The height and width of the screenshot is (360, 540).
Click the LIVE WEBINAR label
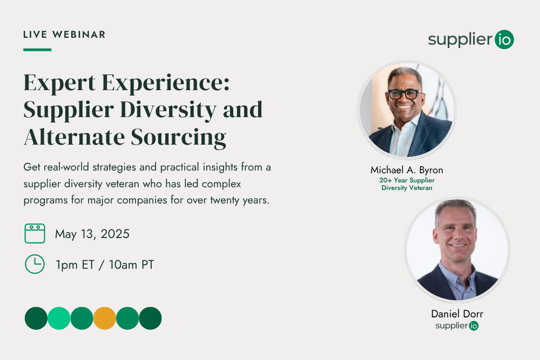tap(64, 35)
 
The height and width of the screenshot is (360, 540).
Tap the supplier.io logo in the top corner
tap(471, 39)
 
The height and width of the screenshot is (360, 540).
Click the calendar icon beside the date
tap(35, 234)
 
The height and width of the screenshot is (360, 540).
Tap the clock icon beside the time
tap(35, 264)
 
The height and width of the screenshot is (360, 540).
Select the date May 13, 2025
tap(92, 234)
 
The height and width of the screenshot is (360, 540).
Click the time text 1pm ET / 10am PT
tap(105, 265)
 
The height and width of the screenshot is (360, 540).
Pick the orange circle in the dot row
tap(105, 318)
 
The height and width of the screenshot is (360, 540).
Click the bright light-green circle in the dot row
tap(59, 318)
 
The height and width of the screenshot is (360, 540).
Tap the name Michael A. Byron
tap(407, 170)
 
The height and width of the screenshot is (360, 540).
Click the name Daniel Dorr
tap(457, 314)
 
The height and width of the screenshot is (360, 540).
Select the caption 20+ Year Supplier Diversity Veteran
tap(407, 184)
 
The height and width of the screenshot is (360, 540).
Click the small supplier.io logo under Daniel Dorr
tap(457, 325)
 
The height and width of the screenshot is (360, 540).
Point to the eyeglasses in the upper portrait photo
tap(404, 94)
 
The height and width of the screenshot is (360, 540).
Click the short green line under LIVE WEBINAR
tap(37, 50)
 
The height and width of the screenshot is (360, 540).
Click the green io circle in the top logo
tap(504, 39)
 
